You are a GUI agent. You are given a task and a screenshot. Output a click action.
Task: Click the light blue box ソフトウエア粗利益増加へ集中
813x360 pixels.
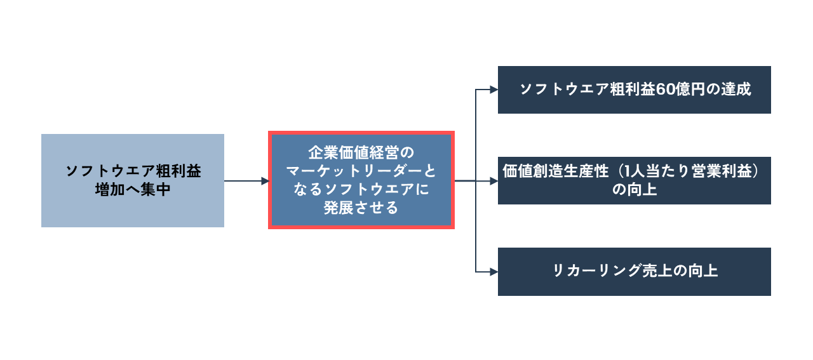(x=132, y=180)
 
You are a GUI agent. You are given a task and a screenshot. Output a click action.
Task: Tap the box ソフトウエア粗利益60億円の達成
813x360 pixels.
(x=634, y=90)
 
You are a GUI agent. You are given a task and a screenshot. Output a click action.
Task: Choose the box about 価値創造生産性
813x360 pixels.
(x=634, y=180)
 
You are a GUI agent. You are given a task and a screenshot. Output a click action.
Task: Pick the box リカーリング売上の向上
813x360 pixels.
(x=634, y=271)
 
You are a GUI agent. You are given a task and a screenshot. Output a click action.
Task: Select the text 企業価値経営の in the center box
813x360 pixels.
(x=361, y=153)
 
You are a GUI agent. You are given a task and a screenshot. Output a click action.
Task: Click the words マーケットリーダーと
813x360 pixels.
(x=361, y=171)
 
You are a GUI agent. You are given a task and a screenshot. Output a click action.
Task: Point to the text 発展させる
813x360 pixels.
(x=361, y=208)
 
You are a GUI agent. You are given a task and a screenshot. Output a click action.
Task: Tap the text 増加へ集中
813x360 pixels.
(x=132, y=190)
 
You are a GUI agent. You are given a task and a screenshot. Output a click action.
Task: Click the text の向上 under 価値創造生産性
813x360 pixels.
(x=634, y=190)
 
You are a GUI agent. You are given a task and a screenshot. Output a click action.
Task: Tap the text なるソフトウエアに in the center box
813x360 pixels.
(x=361, y=189)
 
